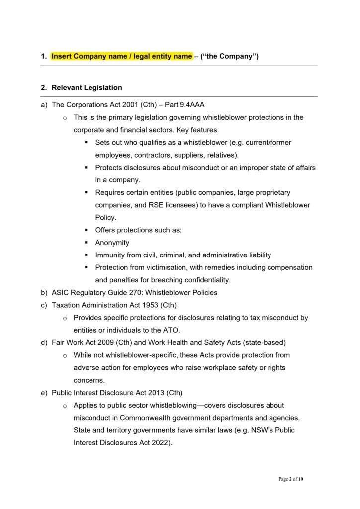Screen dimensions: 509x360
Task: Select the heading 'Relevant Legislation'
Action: point(87,88)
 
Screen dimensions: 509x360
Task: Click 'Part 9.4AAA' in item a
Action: point(184,105)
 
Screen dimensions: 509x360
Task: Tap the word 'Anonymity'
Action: point(112,243)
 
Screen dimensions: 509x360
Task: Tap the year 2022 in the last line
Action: point(159,442)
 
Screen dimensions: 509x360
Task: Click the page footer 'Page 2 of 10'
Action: point(290,479)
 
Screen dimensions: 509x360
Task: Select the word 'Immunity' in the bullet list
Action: point(109,255)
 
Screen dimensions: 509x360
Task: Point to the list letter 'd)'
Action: point(44,342)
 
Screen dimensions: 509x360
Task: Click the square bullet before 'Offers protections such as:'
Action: point(86,230)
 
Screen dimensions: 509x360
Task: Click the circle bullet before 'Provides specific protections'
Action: point(65,318)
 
